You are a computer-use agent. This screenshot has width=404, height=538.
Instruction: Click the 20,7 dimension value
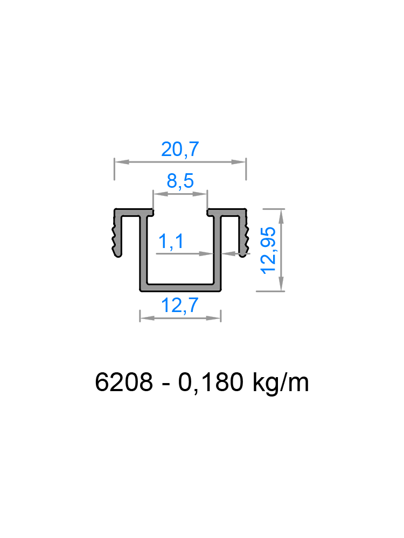[180, 150]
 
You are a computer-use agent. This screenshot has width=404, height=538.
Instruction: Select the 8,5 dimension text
[180, 182]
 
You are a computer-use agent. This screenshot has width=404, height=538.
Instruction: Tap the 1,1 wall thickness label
[170, 242]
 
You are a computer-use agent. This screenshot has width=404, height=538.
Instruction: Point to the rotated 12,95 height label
[268, 250]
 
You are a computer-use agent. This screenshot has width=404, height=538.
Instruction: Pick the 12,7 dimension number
[180, 306]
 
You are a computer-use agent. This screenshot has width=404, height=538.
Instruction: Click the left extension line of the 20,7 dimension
[115, 169]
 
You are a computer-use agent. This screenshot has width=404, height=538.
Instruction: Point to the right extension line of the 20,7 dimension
[246, 169]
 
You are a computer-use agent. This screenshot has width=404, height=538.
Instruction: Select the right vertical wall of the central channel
[218, 247]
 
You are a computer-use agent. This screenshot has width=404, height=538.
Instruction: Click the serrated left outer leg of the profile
[117, 235]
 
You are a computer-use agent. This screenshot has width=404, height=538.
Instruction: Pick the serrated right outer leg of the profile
[244, 235]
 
